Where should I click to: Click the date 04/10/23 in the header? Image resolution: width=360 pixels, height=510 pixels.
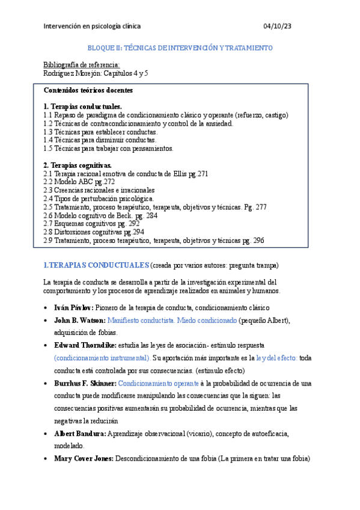coord(277,26)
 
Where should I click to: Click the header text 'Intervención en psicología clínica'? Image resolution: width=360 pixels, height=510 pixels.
coord(93,26)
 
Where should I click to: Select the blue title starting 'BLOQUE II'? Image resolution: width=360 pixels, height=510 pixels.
coord(180,48)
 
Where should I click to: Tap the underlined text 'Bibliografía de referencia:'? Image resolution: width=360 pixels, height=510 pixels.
coord(82,64)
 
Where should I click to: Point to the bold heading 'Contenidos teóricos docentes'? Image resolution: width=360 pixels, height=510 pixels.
coord(88,90)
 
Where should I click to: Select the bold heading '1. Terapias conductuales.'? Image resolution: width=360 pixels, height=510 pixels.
coord(82,106)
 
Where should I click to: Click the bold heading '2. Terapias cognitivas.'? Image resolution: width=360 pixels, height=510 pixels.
coord(77,165)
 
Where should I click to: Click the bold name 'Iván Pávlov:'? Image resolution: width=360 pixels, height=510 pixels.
coord(73,307)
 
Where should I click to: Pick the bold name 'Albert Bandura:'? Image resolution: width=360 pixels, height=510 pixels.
coord(80,433)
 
